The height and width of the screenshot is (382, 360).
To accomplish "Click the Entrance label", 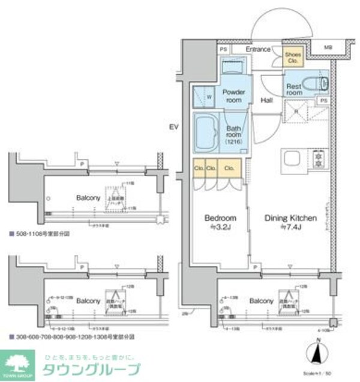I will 258,49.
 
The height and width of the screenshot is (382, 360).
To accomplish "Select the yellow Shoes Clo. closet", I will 293,56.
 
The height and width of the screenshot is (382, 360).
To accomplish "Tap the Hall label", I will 267,100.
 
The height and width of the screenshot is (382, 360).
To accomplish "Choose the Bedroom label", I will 220,222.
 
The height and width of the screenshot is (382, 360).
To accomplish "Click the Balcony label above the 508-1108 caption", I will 87,197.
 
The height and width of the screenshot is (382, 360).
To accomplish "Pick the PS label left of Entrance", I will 223,49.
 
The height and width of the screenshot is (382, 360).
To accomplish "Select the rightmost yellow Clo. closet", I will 229,169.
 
